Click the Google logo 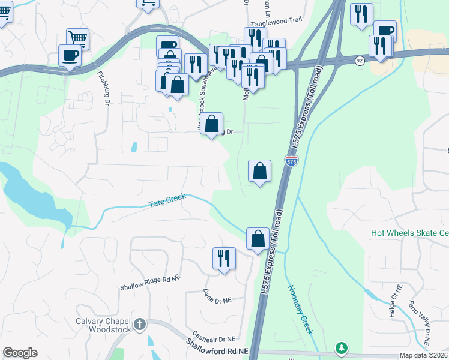(20, 353)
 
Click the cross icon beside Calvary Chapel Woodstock (140, 325)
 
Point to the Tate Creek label (167, 201)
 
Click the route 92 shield (359, 61)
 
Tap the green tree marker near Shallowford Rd (342, 348)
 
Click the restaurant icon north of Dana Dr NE (224, 258)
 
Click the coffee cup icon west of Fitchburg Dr (70, 55)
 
